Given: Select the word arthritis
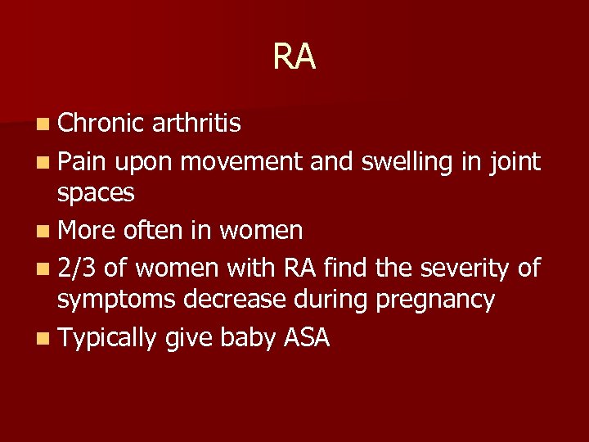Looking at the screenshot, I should [196, 123].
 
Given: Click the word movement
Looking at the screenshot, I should [242, 162].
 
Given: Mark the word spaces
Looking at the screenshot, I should [96, 195].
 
